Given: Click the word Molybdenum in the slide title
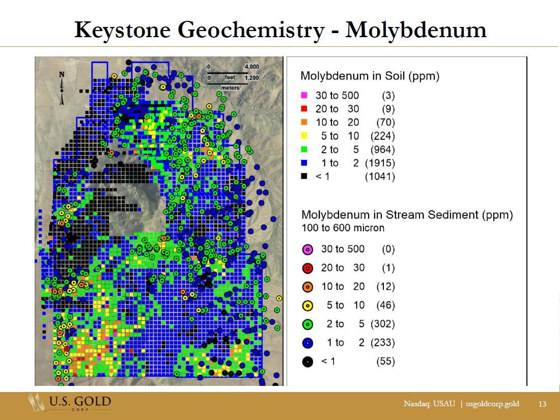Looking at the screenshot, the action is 416,30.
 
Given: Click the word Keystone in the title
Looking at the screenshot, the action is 123,30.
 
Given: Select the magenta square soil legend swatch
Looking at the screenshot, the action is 304,95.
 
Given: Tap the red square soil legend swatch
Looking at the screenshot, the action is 304,108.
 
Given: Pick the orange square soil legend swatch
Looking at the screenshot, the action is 304,122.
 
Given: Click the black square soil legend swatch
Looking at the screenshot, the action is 304,176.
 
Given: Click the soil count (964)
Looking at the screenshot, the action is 382,150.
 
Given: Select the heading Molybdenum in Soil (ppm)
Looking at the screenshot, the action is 370,76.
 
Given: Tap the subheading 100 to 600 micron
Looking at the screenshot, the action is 343,228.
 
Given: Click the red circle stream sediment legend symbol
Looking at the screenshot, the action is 307,268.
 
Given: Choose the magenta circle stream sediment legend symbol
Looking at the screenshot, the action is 307,249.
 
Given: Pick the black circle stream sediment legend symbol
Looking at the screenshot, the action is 307,362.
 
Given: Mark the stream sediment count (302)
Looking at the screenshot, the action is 383,324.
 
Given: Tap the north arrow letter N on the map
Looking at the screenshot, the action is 62,75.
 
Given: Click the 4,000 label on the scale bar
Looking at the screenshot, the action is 252,67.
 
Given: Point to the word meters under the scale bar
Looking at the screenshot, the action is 230,88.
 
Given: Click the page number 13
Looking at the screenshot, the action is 542,404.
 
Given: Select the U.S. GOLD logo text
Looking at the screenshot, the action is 80,401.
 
